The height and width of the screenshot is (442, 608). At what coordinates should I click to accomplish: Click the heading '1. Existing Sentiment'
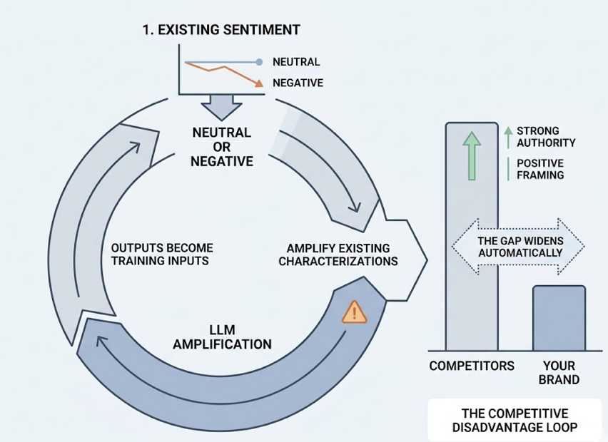coord(221,30)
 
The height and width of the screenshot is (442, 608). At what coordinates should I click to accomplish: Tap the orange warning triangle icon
coord(354,312)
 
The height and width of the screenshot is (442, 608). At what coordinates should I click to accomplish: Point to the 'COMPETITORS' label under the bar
coord(472,366)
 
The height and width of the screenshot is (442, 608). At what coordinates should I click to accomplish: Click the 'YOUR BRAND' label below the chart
coord(559,373)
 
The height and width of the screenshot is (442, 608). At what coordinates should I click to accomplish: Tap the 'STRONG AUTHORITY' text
coord(546,137)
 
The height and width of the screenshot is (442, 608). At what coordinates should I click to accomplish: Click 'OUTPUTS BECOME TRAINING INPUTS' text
coord(162,255)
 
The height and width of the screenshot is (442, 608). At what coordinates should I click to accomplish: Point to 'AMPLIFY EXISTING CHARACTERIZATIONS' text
coord(338,255)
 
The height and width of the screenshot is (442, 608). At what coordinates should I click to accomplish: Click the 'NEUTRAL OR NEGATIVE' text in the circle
coord(221,147)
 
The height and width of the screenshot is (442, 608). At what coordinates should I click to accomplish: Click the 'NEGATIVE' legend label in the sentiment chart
coord(298,83)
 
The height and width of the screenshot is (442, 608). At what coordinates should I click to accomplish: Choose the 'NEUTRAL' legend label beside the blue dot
coord(296,62)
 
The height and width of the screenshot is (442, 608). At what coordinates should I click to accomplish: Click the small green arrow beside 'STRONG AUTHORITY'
coord(507,132)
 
